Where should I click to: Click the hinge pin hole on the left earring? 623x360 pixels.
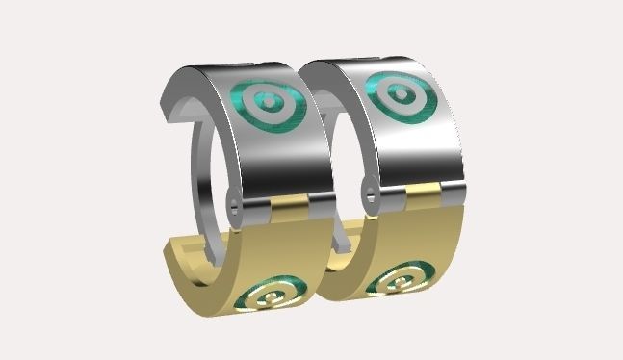click(237, 200)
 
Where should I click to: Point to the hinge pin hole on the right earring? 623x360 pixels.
click(370, 193)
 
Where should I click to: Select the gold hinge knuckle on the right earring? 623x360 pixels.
click(424, 193)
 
